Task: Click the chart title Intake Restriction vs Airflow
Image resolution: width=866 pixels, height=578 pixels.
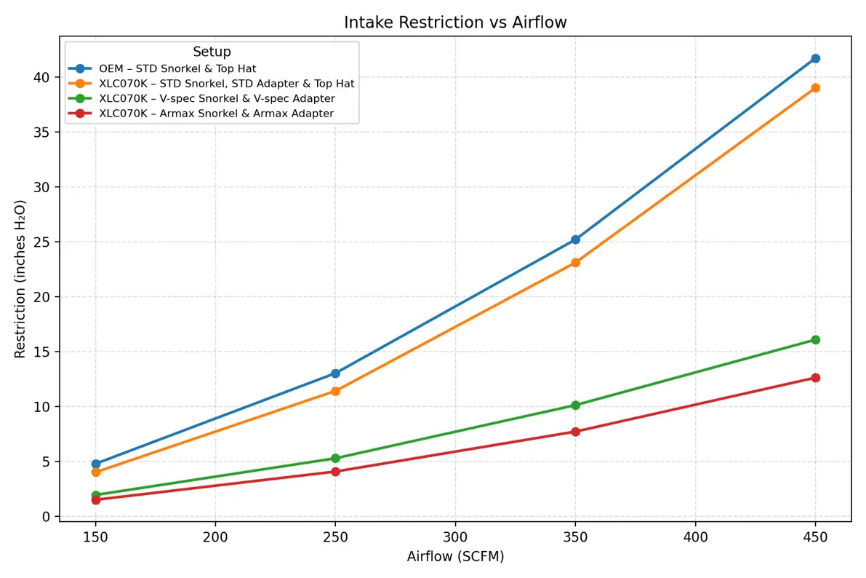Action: click(x=455, y=23)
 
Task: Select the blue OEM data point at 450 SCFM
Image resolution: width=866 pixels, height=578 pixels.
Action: click(x=815, y=58)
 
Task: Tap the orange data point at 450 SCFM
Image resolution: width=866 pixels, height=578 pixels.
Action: click(x=815, y=87)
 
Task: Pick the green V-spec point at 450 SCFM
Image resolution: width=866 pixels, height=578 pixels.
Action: click(x=815, y=339)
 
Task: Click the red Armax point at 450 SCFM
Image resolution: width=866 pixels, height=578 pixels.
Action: click(x=815, y=378)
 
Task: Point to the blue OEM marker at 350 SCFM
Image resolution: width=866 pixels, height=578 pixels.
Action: click(x=575, y=239)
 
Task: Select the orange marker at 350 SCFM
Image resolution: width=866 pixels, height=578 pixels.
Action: click(x=575, y=262)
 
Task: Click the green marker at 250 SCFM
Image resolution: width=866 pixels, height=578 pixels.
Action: click(x=335, y=458)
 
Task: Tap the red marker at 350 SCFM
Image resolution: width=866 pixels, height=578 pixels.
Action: click(x=575, y=432)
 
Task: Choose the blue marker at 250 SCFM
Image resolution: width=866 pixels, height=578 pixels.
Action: click(x=335, y=373)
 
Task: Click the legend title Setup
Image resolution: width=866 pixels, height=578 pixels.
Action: click(x=212, y=52)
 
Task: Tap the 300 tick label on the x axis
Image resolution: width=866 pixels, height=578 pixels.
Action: click(x=455, y=535)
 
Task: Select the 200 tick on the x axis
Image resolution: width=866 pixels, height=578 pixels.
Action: click(x=215, y=535)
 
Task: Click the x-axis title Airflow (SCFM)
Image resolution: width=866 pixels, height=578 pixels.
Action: click(x=455, y=557)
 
